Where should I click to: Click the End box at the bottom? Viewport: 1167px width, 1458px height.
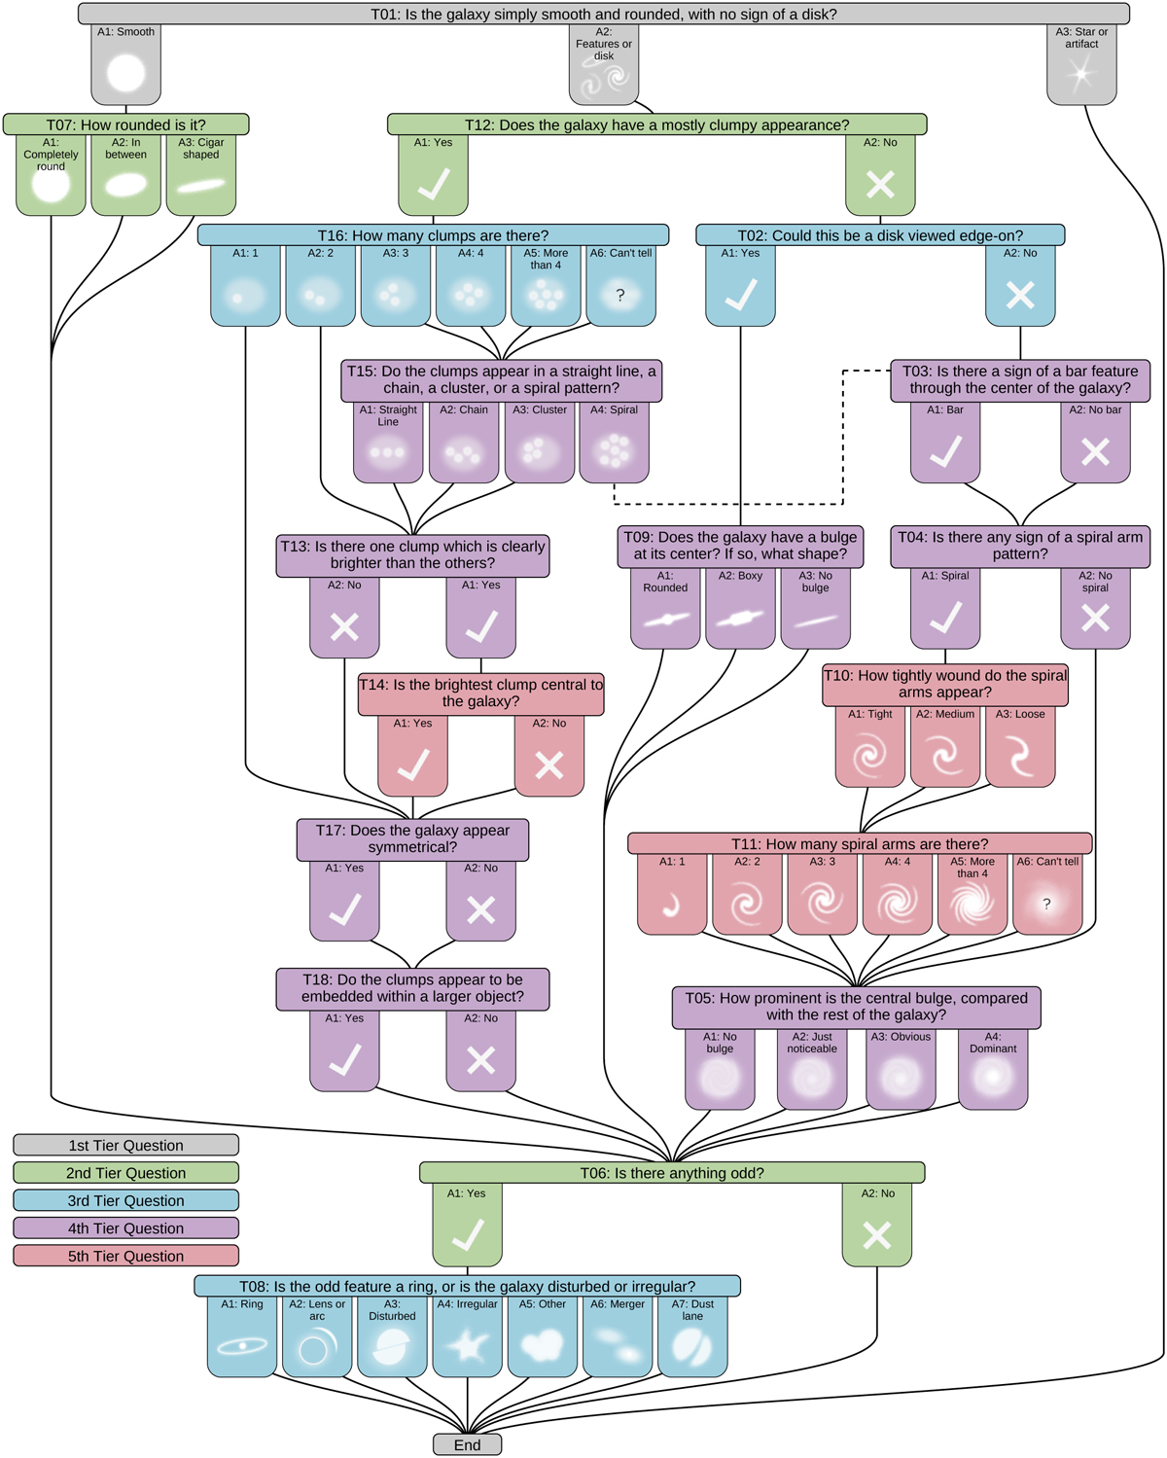[467, 1444]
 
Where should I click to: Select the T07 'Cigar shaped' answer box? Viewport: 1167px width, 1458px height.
[201, 176]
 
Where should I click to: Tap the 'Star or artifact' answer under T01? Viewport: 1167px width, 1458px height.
[1081, 65]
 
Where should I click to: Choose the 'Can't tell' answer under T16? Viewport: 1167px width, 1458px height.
[620, 287]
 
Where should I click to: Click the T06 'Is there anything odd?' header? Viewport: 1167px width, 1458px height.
[672, 1173]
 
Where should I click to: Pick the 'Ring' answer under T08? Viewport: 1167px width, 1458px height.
[242, 1337]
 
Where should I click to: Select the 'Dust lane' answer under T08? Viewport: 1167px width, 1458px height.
[692, 1337]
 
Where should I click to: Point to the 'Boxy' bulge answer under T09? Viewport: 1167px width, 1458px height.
[740, 610]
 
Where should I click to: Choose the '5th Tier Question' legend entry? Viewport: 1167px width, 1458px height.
[126, 1256]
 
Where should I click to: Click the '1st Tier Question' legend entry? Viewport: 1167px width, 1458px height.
[126, 1145]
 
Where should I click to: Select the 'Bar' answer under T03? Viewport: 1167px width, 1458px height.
[945, 444]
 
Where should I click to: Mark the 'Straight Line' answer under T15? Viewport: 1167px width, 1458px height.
[388, 444]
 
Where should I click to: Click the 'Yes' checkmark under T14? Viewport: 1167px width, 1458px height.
[413, 758]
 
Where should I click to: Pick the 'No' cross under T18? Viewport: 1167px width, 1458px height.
[481, 1053]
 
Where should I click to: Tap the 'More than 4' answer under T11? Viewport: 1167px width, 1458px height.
[972, 896]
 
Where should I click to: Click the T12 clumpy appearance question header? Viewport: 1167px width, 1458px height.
[656, 124]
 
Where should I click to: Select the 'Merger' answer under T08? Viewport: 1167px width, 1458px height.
[618, 1337]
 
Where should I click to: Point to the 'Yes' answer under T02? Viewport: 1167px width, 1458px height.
[741, 287]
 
